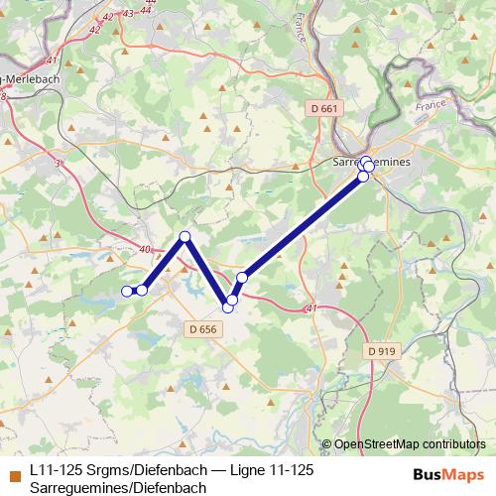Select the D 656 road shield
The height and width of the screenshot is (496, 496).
(201, 329)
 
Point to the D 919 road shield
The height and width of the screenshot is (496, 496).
(380, 350)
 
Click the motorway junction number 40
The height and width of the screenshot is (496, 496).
(147, 250)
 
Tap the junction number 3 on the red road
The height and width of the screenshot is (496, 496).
(58, 163)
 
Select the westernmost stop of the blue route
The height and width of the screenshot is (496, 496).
(127, 291)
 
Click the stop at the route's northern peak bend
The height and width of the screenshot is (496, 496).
(185, 236)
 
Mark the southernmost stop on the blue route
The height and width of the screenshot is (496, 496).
(227, 308)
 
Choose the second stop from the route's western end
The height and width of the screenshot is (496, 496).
(142, 290)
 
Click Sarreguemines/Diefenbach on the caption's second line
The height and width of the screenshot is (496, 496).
(117, 487)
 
